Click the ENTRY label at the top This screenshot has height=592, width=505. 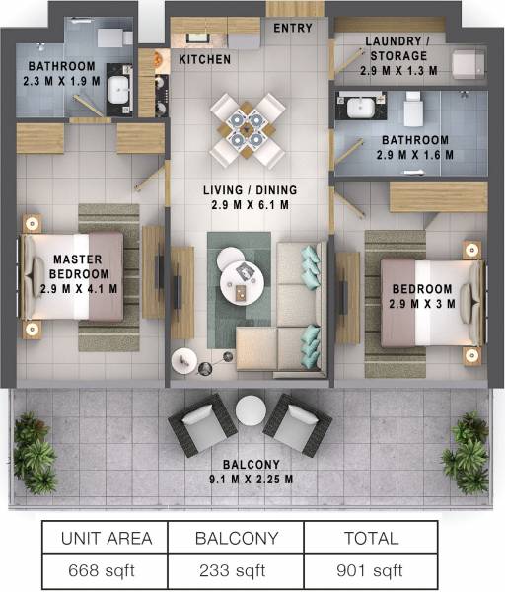(294, 28)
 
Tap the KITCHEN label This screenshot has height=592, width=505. (205, 60)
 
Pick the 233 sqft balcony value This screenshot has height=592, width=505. (238, 570)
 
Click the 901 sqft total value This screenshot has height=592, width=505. (371, 570)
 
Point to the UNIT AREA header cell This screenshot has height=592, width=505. (107, 539)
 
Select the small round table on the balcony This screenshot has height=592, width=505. (251, 409)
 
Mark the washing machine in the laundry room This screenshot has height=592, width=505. (464, 64)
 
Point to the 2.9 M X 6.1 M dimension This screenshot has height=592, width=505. (250, 205)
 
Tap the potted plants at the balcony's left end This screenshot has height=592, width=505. (36, 454)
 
